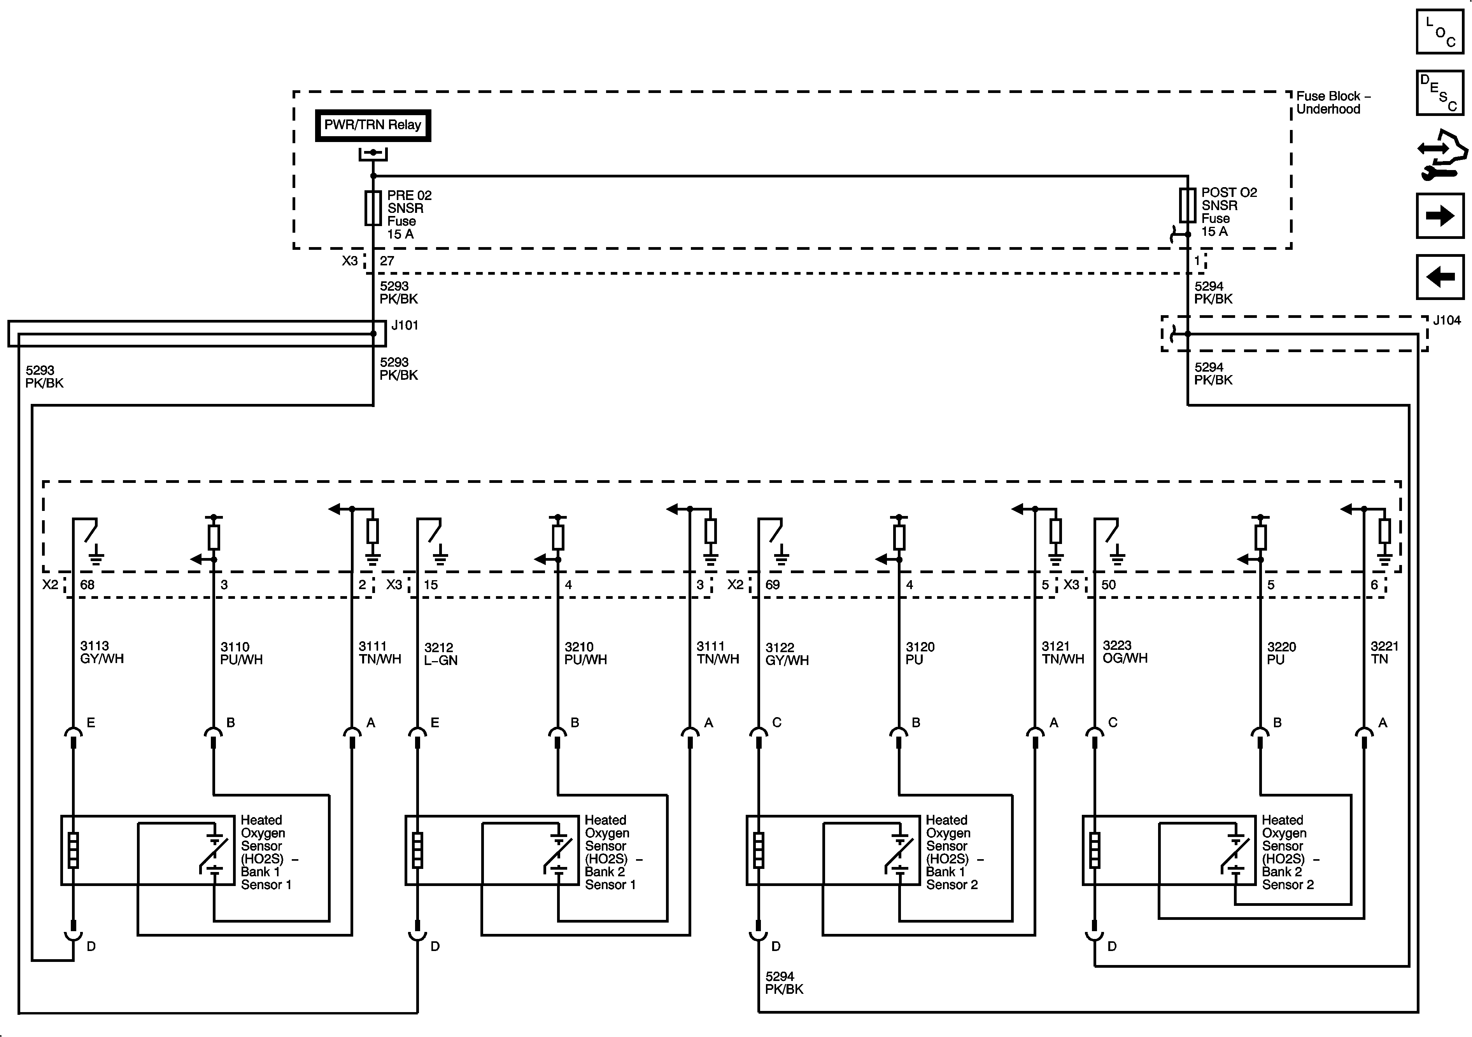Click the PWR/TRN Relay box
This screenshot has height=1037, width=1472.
point(373,125)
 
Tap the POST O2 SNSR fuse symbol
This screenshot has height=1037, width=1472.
point(1187,205)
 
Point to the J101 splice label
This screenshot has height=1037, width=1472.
point(405,325)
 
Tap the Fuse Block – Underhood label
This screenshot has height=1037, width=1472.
point(1333,103)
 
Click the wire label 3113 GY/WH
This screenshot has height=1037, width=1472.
point(101,652)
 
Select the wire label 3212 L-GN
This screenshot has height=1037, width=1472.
point(440,653)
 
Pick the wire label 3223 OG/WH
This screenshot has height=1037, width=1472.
point(1125,651)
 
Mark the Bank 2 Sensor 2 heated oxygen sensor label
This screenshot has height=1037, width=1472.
point(1287,852)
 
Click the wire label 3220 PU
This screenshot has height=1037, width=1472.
point(1281,653)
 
